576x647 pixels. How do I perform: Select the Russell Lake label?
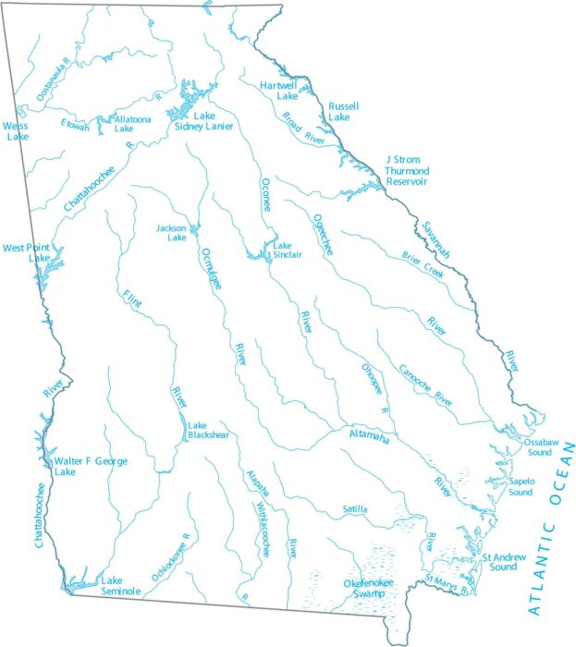(x=343, y=112)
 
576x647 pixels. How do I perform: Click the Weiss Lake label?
(x=16, y=130)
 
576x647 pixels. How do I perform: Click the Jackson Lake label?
(x=171, y=232)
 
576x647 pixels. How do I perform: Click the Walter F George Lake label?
(x=90, y=466)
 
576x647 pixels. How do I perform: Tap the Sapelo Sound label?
(x=521, y=486)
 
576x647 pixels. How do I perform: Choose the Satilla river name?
(x=354, y=509)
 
